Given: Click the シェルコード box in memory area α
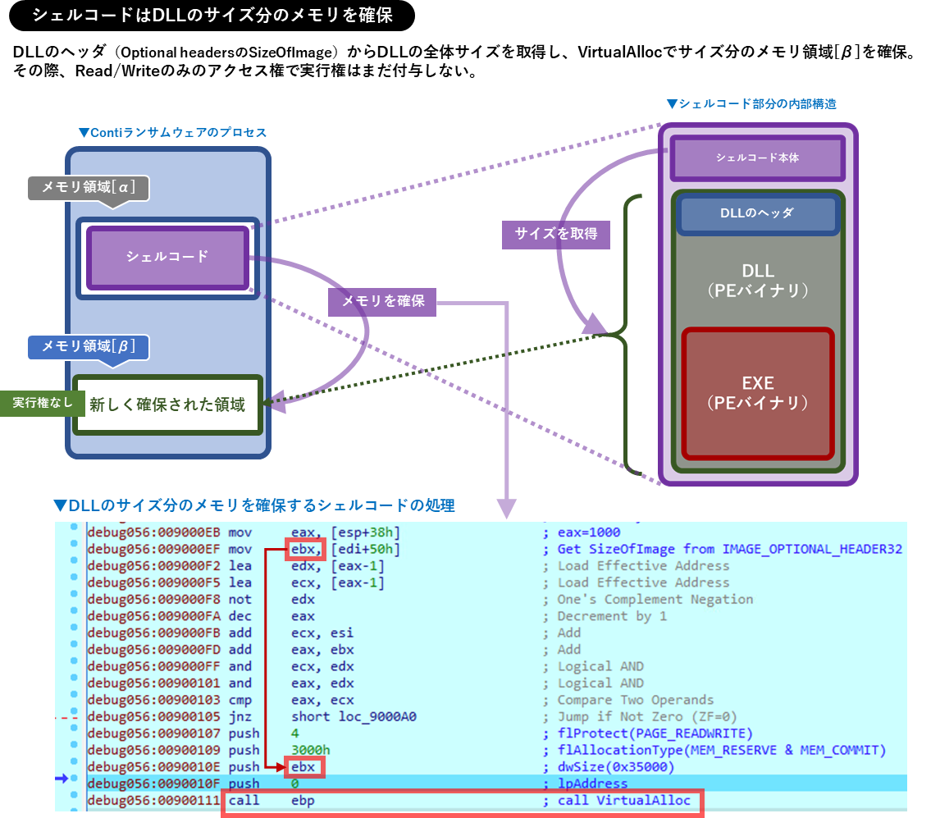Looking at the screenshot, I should point(167,257).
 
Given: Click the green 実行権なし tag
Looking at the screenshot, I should point(36,403).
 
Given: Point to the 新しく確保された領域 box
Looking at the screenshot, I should point(167,404).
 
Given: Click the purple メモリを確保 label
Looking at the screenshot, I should point(382,301).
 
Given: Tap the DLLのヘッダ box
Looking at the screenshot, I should point(757,213).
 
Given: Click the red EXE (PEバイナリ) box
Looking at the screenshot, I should point(757,393).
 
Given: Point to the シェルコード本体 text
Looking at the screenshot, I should point(757,157).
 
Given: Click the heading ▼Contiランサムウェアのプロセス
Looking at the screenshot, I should point(172,132).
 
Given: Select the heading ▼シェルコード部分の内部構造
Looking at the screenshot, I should point(751,104).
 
